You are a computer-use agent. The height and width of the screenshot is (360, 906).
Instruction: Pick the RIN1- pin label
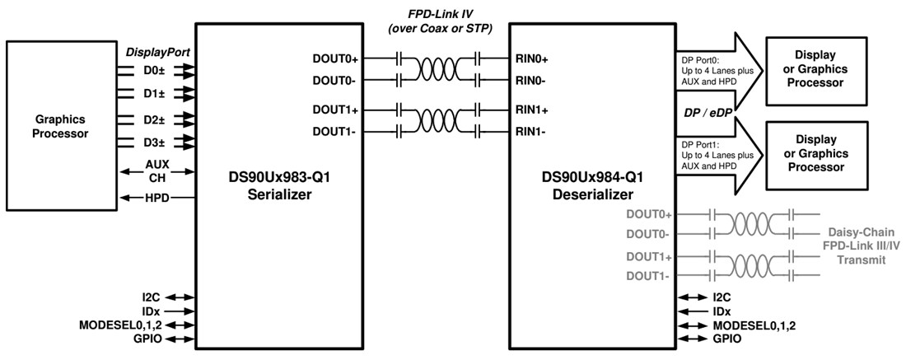[532, 131]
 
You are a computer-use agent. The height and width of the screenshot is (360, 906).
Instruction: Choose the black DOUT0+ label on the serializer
[335, 59]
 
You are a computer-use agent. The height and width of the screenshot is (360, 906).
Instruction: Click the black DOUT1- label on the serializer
[335, 131]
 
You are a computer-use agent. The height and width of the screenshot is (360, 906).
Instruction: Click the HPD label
[156, 199]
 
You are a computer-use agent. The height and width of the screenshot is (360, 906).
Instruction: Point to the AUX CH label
[156, 171]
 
